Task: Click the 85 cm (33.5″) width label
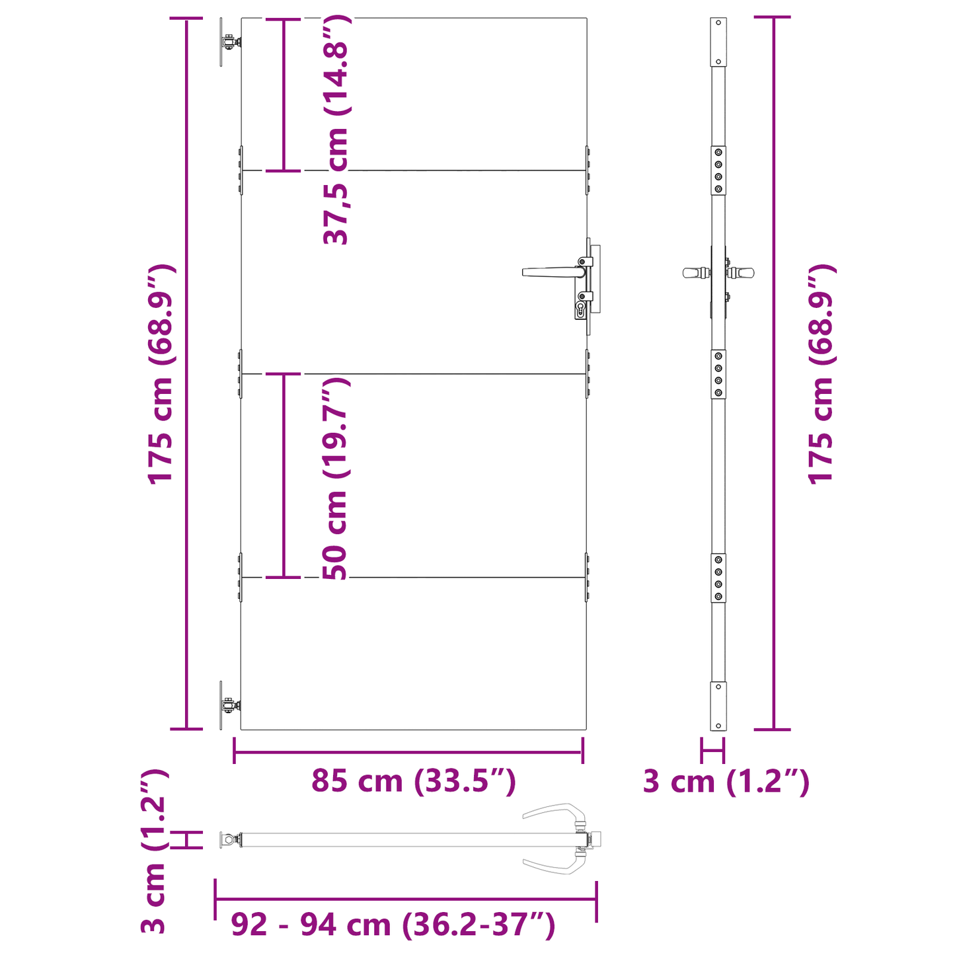point(413,782)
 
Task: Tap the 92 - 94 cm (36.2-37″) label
point(393,925)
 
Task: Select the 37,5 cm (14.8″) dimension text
point(336,131)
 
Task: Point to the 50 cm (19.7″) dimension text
point(336,478)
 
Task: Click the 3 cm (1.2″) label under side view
point(726,783)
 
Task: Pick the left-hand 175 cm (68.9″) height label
point(161,374)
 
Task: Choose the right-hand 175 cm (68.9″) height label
point(821,374)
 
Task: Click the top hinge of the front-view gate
point(229,42)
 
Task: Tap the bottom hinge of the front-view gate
point(229,706)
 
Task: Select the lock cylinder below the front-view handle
point(581,309)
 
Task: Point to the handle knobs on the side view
point(718,272)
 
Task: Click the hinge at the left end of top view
point(229,840)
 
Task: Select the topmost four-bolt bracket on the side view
point(718,171)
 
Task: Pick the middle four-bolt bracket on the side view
point(718,374)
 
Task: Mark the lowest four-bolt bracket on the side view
point(718,578)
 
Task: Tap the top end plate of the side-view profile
point(718,42)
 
